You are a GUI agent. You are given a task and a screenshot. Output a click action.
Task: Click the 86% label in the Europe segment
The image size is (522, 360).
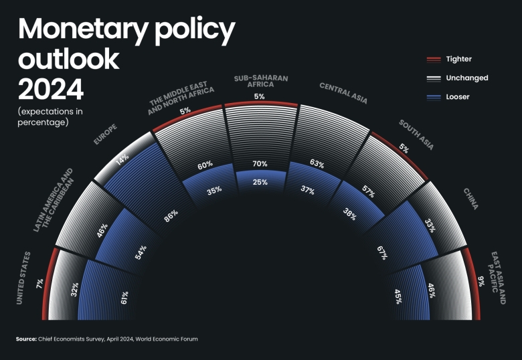click(170, 218)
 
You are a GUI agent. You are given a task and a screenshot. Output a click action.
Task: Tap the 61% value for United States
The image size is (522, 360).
click(125, 298)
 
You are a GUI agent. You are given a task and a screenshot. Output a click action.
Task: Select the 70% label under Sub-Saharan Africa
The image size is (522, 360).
click(260, 163)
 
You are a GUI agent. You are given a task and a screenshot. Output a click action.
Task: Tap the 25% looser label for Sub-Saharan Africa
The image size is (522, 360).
click(260, 182)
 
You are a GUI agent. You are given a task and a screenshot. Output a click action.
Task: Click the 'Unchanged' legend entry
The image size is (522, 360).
click(466, 78)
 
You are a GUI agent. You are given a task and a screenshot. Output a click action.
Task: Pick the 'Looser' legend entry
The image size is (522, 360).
click(458, 96)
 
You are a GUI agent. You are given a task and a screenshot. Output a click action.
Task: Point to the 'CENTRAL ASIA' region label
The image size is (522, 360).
click(343, 94)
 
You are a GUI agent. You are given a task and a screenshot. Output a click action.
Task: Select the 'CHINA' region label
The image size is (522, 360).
click(470, 198)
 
